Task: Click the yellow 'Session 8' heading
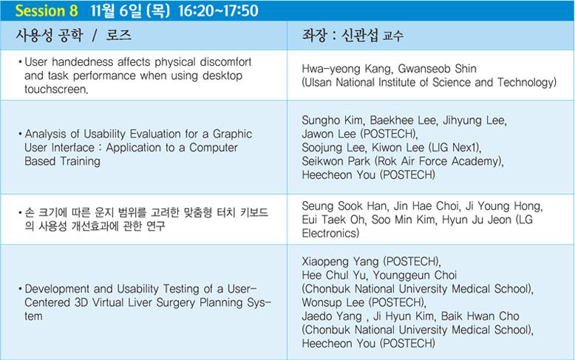[x=47, y=10]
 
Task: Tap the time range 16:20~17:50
[x=219, y=10]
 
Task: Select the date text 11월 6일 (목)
[x=131, y=10]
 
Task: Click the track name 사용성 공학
[x=50, y=35]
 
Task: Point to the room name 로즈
[x=118, y=35]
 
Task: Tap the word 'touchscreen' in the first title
[x=55, y=89]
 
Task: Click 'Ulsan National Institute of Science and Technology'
[x=429, y=83]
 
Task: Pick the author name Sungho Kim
[x=333, y=120]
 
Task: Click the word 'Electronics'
[x=329, y=233]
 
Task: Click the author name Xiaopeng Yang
[x=340, y=262]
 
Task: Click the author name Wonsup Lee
[x=333, y=302]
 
